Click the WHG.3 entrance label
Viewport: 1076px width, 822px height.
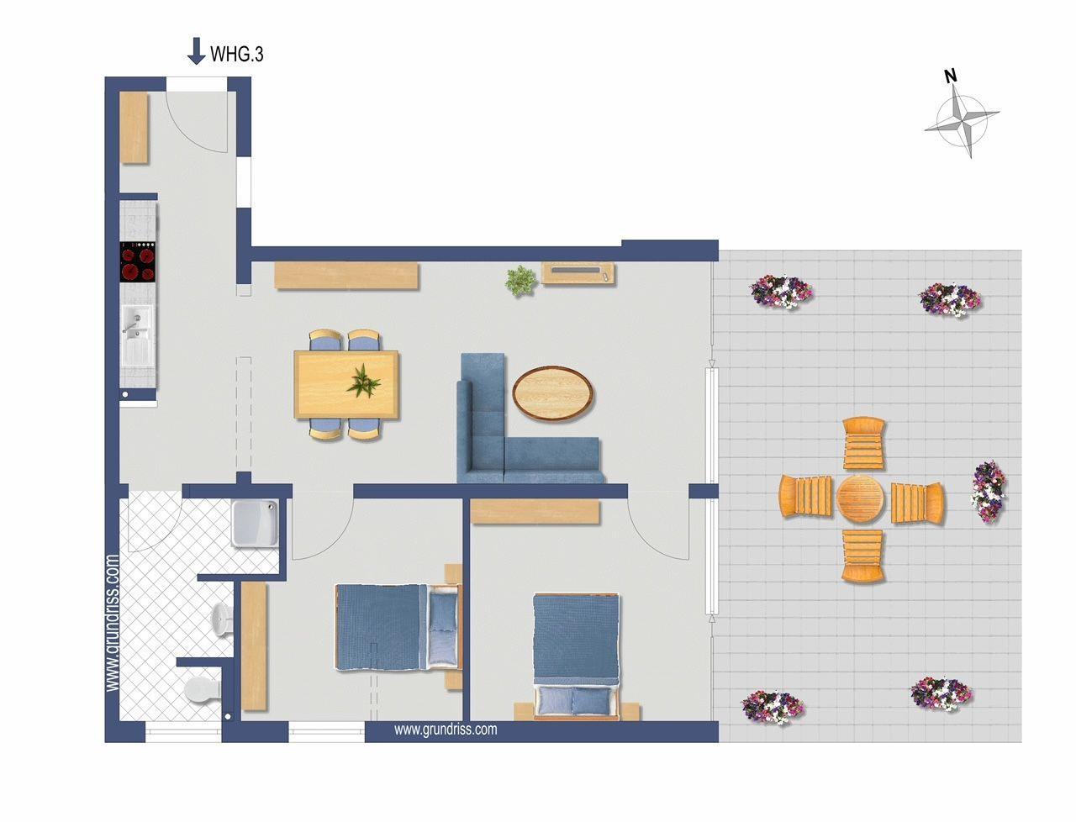coord(237,54)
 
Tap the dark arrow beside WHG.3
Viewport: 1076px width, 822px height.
coord(196,51)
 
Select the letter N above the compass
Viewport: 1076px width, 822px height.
coord(951,76)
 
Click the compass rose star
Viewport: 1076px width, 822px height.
coord(963,120)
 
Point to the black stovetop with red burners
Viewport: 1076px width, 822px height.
coord(138,261)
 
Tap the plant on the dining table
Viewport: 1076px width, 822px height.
coord(363,382)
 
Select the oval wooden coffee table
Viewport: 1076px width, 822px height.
coord(552,393)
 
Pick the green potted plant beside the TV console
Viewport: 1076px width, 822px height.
coord(521,281)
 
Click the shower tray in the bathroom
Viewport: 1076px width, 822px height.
coord(255,523)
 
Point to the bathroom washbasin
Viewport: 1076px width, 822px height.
coord(223,620)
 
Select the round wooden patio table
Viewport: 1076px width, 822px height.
coord(860,499)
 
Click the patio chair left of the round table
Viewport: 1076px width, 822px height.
coord(805,496)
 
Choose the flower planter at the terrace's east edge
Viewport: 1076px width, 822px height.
coord(989,492)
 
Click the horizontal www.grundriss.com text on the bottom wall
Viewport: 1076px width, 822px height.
coord(446,730)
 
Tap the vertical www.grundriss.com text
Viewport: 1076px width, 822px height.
coord(113,623)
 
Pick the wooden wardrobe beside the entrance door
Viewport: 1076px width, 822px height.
coord(134,128)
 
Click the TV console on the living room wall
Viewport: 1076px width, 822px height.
coord(578,273)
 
